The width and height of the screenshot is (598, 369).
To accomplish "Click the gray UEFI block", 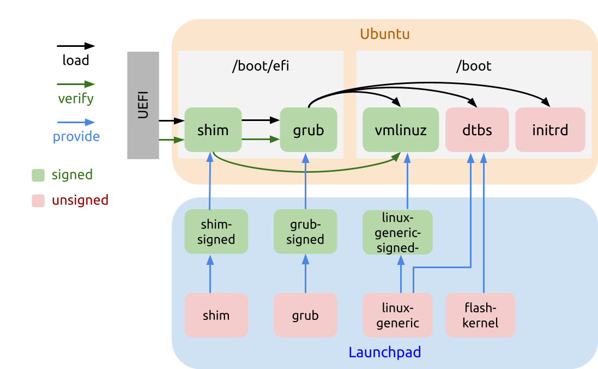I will (143, 105).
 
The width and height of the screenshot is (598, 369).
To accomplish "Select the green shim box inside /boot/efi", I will (213, 130).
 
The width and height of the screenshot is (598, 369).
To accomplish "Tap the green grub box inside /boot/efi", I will (309, 130).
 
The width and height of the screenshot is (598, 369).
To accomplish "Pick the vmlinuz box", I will (401, 130).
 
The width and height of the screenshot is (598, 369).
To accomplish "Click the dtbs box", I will (477, 130).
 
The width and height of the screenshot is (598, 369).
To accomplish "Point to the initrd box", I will (550, 130).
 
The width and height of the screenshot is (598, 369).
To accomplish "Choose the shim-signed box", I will (216, 232).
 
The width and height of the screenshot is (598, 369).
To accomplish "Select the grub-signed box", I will (305, 232).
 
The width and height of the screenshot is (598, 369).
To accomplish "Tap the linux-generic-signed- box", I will (397, 232).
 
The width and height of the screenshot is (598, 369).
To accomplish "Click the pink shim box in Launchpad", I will (216, 315).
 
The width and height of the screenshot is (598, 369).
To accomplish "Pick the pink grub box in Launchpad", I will (305, 315).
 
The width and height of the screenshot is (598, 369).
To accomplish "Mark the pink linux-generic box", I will (397, 315).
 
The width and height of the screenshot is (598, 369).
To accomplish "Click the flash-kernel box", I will (480, 315).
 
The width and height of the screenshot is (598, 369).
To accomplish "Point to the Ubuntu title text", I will (385, 34).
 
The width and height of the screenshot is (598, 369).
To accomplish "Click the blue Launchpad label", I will (385, 352).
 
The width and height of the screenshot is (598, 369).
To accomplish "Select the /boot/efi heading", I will (261, 66).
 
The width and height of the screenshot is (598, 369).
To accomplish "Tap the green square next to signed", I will (38, 175).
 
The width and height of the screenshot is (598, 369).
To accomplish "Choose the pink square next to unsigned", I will (38, 201).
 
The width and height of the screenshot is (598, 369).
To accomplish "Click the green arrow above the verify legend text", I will (76, 84).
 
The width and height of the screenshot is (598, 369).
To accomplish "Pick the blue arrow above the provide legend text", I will (76, 123).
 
